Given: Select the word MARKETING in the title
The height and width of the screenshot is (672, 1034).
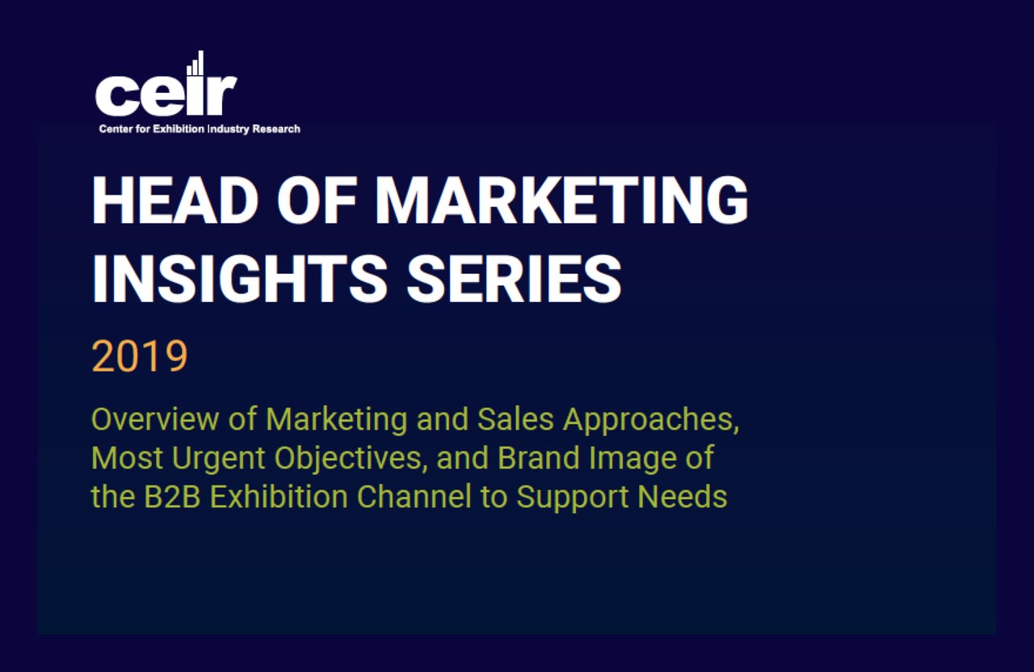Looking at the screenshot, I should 561,201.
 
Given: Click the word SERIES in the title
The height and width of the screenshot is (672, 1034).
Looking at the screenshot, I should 514,279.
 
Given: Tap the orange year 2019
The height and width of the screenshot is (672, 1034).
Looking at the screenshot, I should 140,356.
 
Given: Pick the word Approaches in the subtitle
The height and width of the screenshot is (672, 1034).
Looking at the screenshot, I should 651,421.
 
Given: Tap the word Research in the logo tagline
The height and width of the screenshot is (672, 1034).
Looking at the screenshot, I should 276,129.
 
